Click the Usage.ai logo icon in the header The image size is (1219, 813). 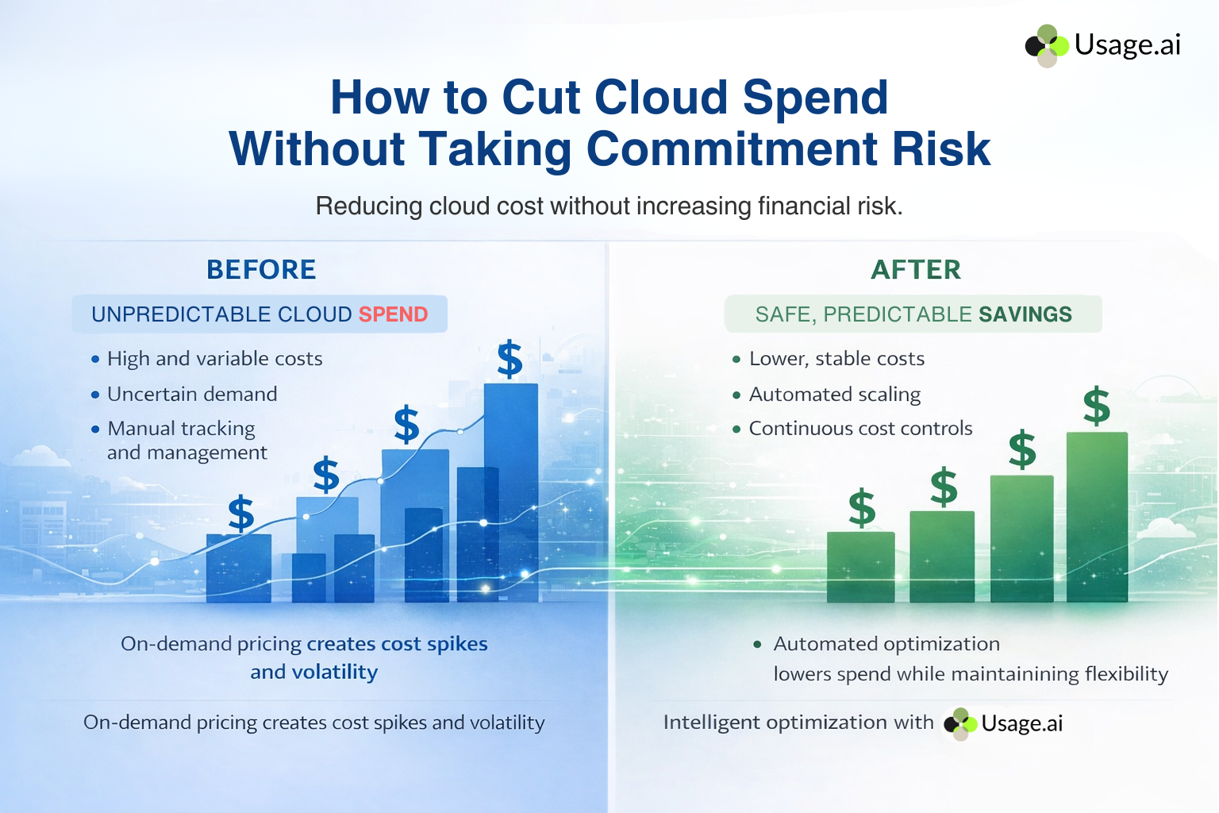coord(1047,45)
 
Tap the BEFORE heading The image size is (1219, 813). coord(261,270)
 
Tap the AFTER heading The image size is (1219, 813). coord(916,270)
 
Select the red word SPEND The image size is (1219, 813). coord(393,314)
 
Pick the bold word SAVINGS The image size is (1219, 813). coord(1025,314)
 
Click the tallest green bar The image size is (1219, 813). coord(1097,516)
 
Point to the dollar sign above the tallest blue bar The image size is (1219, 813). coord(510,359)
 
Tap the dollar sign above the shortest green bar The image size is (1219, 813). coord(862,509)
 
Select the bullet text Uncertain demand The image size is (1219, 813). coord(192,394)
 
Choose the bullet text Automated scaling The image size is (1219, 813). coord(835,394)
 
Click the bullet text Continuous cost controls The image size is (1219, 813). coord(860,429)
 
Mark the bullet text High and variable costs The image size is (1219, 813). coord(214,359)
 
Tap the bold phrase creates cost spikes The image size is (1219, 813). coord(397,644)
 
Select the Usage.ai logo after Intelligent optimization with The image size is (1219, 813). coord(1003,723)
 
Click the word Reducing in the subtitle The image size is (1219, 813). coord(369,206)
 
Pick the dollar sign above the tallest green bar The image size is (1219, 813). coord(1097,406)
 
